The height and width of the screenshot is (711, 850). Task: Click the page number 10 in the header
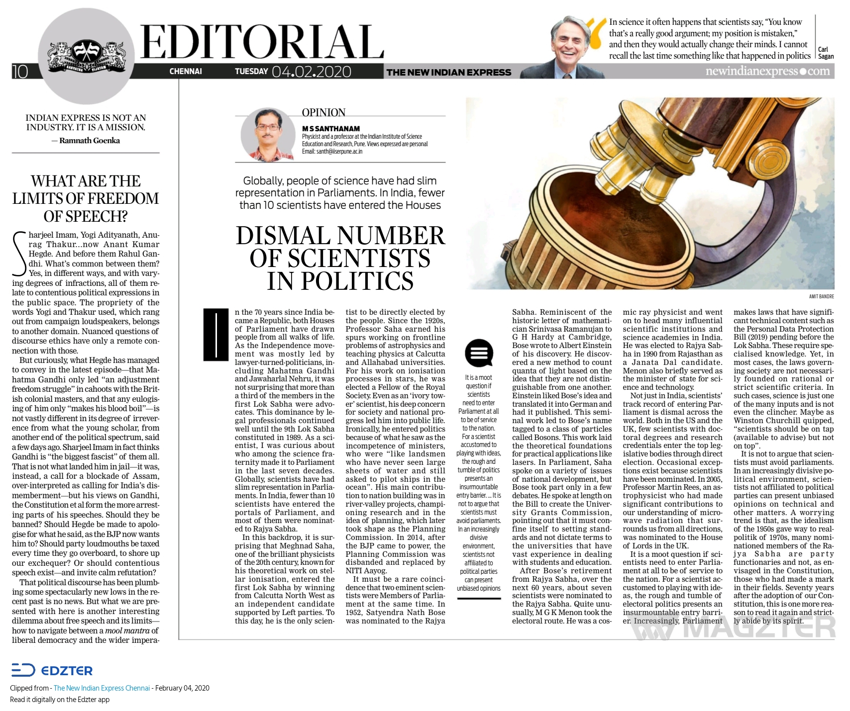pos(20,72)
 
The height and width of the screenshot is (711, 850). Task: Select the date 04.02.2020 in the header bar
pos(311,72)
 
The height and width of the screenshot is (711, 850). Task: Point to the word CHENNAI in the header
pos(186,72)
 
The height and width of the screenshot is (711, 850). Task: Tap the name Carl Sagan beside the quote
pos(826,53)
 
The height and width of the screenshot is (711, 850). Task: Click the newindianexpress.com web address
pos(767,72)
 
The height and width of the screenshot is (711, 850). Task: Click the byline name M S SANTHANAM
pos(331,129)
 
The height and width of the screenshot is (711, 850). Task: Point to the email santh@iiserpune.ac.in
pos(332,151)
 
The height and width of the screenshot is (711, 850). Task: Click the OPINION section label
pos(323,113)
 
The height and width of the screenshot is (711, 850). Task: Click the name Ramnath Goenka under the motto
pos(90,141)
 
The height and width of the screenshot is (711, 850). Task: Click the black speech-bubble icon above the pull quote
pos(479,353)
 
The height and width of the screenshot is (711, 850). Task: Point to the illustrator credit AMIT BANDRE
pos(822,296)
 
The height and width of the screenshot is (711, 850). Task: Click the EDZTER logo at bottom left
pos(52,670)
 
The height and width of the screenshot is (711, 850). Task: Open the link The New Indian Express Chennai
pos(102,688)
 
